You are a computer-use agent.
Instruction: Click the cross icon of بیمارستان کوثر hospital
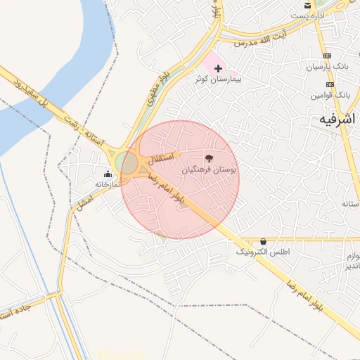218,68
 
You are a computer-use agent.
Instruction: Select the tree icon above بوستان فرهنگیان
208,158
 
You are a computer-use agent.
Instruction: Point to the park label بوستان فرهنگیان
210,169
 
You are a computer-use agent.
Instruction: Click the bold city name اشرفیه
334,120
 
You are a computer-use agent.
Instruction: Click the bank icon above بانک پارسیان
328,56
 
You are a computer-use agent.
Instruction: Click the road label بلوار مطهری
160,89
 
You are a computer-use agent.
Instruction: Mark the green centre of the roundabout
129,163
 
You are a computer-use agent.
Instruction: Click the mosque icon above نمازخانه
108,173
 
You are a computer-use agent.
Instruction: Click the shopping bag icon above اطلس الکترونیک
263,240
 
